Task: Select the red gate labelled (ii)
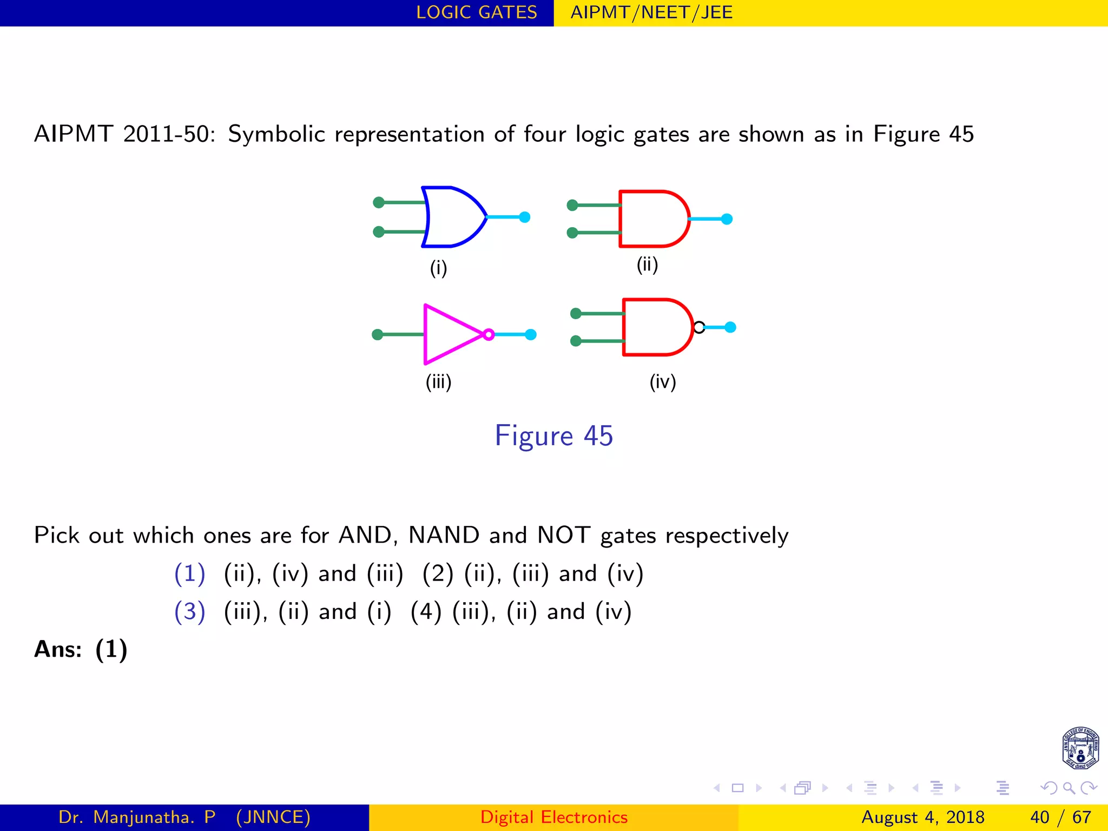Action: (652, 219)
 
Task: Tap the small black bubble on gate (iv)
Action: (699, 327)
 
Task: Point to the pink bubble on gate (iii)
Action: (489, 334)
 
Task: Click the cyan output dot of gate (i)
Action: (524, 217)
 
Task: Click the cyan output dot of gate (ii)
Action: (727, 219)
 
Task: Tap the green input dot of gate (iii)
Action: (378, 334)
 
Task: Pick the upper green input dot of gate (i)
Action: (379, 202)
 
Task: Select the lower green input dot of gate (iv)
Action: (576, 341)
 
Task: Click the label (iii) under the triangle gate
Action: (438, 382)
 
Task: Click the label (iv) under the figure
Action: (663, 382)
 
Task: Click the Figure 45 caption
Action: (553, 436)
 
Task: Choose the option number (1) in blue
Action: (189, 573)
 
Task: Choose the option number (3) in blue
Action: (189, 611)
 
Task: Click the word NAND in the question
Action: (444, 535)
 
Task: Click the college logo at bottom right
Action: (1080, 748)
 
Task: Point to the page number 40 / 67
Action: (1060, 817)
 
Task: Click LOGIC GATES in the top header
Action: (477, 12)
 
